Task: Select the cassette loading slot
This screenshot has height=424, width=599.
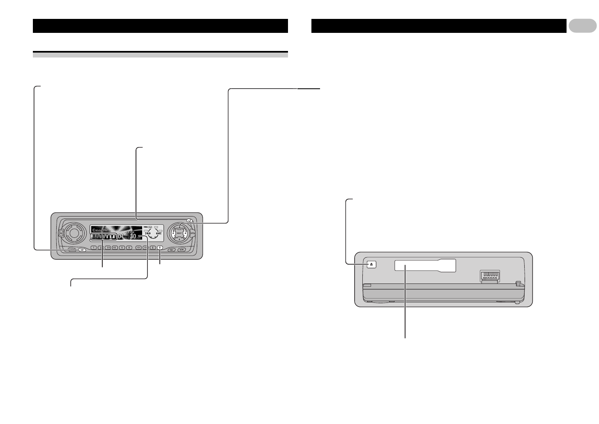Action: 425,265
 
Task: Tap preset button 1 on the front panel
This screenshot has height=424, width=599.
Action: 93,248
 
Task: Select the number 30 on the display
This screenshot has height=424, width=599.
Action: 133,236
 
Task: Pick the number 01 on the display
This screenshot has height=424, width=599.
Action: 121,237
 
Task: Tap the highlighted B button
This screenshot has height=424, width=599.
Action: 160,248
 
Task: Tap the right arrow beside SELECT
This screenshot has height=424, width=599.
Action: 186,233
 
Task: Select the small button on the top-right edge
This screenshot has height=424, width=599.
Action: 189,221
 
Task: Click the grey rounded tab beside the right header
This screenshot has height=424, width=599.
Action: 583,26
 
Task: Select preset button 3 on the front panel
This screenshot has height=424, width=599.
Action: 108,248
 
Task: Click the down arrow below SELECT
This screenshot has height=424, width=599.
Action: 180,238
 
